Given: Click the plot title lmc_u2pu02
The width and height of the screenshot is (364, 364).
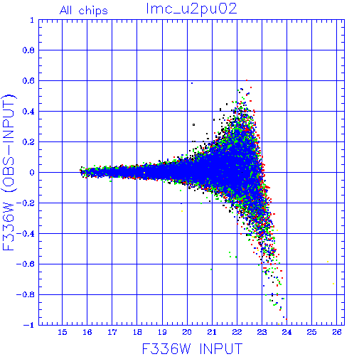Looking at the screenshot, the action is [191, 9].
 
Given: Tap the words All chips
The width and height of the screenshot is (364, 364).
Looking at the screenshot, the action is [84, 11].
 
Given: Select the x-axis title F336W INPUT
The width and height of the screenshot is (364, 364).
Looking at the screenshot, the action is [192, 348].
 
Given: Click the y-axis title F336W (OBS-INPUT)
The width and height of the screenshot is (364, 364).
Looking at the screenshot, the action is [9, 172].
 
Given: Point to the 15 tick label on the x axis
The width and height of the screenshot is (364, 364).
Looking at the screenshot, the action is [63, 332].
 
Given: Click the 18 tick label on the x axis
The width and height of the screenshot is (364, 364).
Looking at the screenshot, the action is [137, 332].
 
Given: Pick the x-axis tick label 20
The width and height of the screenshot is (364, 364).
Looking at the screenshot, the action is [187, 332].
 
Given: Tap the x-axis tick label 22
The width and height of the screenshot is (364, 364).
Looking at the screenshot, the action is [237, 332].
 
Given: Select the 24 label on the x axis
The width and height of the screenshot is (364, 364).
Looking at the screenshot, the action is [287, 332].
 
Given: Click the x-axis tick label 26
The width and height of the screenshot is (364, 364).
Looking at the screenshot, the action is [337, 332].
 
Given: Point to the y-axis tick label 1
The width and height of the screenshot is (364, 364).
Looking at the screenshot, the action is [32, 20].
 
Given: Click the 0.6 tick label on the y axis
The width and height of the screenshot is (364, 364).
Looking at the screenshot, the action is [28, 81].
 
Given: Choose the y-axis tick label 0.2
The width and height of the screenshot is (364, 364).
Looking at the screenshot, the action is [28, 142].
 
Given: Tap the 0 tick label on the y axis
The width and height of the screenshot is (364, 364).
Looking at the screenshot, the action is [32, 172].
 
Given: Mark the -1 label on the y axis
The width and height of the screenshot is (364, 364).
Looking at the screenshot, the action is [29, 325].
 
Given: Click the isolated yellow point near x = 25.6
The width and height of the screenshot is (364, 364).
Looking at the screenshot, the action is [328, 262].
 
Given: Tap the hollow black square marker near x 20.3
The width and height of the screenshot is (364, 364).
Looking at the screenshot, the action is [193, 124].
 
